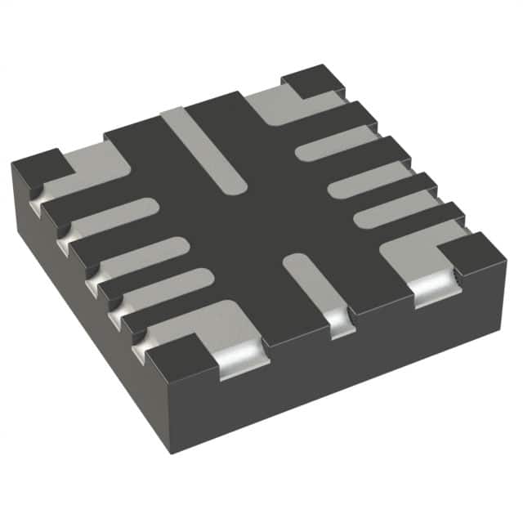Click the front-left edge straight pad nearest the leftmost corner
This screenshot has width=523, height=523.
[x=114, y=216]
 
